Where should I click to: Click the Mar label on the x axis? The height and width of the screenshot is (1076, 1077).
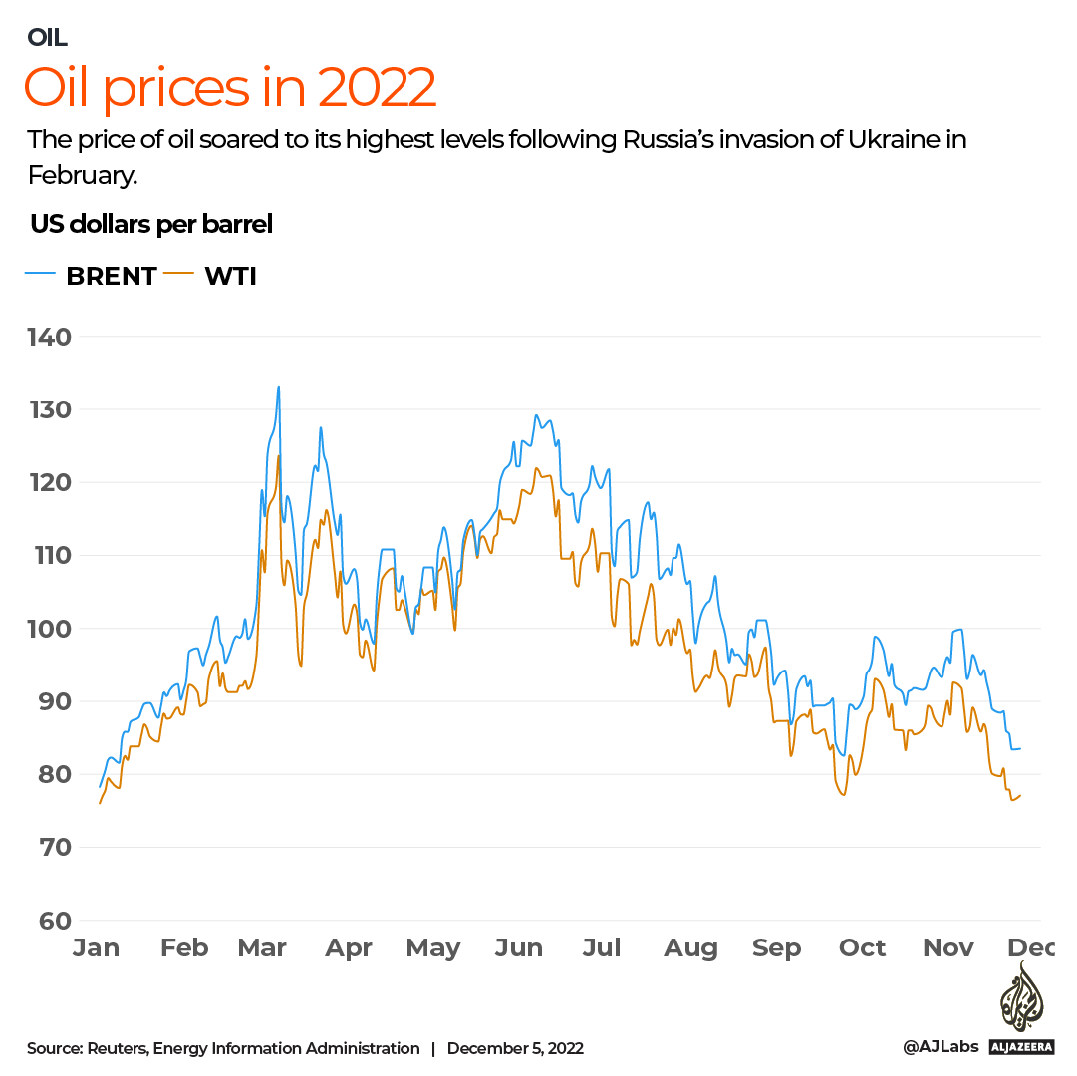pos(262,947)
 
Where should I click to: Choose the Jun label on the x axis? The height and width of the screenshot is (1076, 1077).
pos(519,947)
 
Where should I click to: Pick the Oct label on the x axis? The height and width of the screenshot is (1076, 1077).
pos(862,947)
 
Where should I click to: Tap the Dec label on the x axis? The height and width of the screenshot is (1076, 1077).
pos(1031,947)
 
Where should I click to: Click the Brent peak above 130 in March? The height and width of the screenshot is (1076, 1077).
pos(279,387)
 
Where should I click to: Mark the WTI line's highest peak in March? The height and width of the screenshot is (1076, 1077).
pos(279,456)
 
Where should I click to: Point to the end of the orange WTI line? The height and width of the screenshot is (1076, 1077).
pos(1020,795)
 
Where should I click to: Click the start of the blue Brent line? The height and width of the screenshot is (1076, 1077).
pos(100,787)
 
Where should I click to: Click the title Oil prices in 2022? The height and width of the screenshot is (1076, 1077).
pos(230,88)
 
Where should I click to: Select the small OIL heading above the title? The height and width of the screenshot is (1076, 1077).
pos(47,38)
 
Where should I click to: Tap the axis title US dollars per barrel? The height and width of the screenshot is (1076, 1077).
pos(151,225)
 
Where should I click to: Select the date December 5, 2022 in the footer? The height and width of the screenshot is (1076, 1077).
pos(515,1048)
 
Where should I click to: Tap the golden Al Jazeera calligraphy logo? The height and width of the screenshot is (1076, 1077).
pos(1021,997)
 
